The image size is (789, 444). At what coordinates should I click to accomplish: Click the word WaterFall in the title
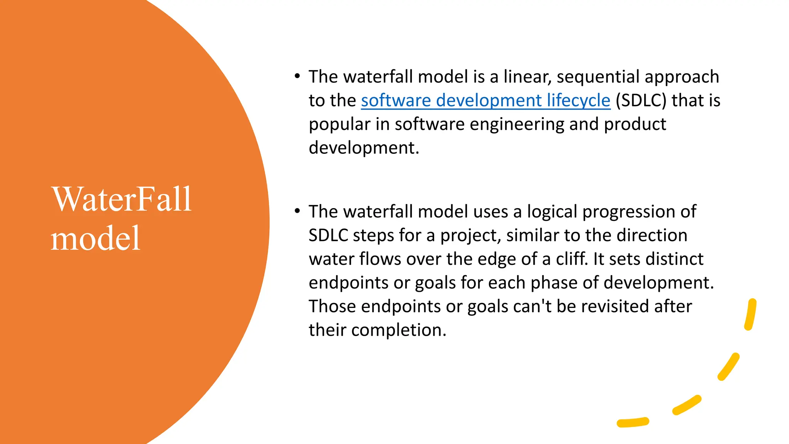(x=121, y=200)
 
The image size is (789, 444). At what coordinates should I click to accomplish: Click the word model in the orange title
(x=95, y=239)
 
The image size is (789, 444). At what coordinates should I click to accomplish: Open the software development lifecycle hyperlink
(x=485, y=101)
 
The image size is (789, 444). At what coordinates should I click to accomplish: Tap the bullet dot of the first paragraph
(x=297, y=76)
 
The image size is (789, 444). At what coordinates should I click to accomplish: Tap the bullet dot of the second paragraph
(x=297, y=211)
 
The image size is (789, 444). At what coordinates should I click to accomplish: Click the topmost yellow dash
(x=750, y=314)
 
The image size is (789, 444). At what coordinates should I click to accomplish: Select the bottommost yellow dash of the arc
(x=633, y=422)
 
